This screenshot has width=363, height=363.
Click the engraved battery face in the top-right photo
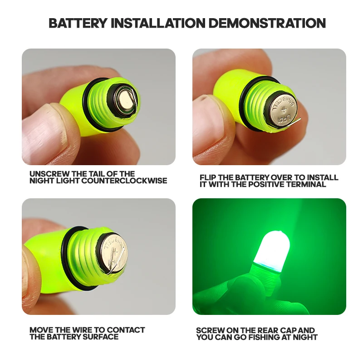tap(281, 112)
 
